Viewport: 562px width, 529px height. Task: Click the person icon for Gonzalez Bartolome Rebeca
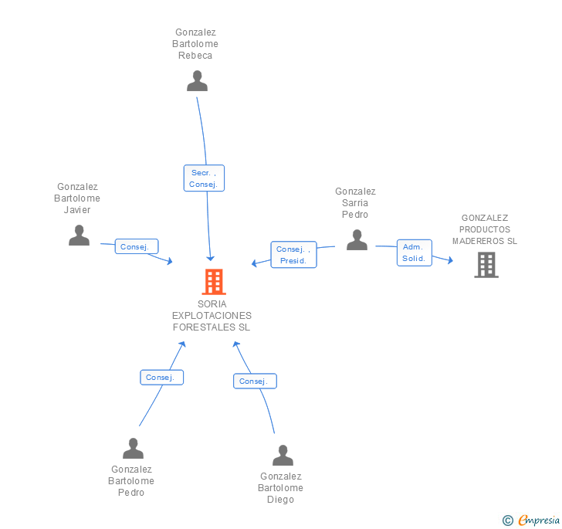click(197, 80)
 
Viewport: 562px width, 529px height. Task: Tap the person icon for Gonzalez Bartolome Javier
click(79, 236)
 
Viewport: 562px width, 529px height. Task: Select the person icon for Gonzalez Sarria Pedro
click(357, 240)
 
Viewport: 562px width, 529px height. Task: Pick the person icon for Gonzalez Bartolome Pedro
click(133, 449)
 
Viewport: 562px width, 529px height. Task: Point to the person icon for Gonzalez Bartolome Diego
click(283, 456)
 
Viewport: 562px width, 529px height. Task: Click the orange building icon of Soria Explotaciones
click(214, 282)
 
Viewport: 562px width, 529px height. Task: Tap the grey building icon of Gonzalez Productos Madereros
click(486, 265)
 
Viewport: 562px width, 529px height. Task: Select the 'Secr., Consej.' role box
click(204, 178)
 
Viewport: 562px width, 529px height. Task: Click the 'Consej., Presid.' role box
click(293, 255)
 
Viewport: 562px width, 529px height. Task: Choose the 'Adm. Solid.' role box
click(415, 253)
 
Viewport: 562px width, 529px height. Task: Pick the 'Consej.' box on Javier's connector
click(137, 246)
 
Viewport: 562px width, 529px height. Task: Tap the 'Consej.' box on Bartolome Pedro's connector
click(161, 378)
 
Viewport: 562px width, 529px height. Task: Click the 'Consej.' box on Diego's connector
click(256, 381)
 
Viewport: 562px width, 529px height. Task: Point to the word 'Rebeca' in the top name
click(195, 56)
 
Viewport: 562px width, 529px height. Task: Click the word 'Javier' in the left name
click(77, 210)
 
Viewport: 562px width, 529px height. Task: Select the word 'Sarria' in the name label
click(355, 203)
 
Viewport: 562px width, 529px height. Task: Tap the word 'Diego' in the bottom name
click(281, 499)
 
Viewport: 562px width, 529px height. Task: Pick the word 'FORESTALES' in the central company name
click(204, 327)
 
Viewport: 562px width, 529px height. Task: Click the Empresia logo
click(531, 520)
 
